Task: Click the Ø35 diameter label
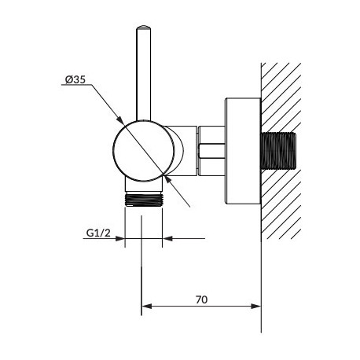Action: pyautogui.click(x=75, y=79)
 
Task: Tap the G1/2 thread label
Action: pyautogui.click(x=98, y=233)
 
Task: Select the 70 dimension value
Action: pyautogui.click(x=201, y=299)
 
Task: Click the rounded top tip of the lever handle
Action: pyautogui.click(x=144, y=27)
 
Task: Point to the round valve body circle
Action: pyautogui.click(x=143, y=151)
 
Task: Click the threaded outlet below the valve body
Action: pyautogui.click(x=144, y=200)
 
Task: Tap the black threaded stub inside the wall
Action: pyautogui.click(x=278, y=151)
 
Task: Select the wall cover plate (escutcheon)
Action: pyautogui.click(x=243, y=151)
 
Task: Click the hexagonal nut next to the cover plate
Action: pyautogui.click(x=211, y=151)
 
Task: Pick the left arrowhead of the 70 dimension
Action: pyautogui.click(x=146, y=306)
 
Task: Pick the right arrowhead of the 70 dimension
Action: pyautogui.click(x=256, y=306)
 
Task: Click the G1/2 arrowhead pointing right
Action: pyautogui.click(x=119, y=238)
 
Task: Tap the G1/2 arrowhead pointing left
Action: pyautogui.click(x=167, y=238)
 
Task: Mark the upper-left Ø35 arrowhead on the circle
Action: pyautogui.click(x=119, y=120)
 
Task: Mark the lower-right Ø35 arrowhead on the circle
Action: pyautogui.click(x=167, y=179)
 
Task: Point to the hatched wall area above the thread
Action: pyautogui.click(x=281, y=97)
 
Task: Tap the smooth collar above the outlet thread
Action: pyautogui.click(x=144, y=186)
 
